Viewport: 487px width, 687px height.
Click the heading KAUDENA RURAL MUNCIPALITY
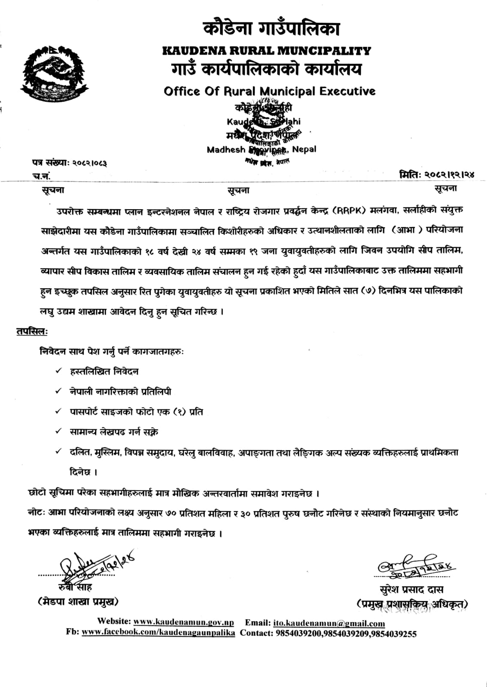266,51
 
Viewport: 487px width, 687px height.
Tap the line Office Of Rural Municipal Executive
269,91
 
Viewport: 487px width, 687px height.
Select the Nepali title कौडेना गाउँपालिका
271,29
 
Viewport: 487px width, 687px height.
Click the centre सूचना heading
238,190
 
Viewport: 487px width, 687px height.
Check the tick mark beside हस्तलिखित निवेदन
58,371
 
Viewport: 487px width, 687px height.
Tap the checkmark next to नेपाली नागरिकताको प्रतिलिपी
58,391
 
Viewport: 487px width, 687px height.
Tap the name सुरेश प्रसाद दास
408,589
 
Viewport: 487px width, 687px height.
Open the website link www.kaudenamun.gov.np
183,622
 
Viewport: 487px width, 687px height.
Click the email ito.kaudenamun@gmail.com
329,623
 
